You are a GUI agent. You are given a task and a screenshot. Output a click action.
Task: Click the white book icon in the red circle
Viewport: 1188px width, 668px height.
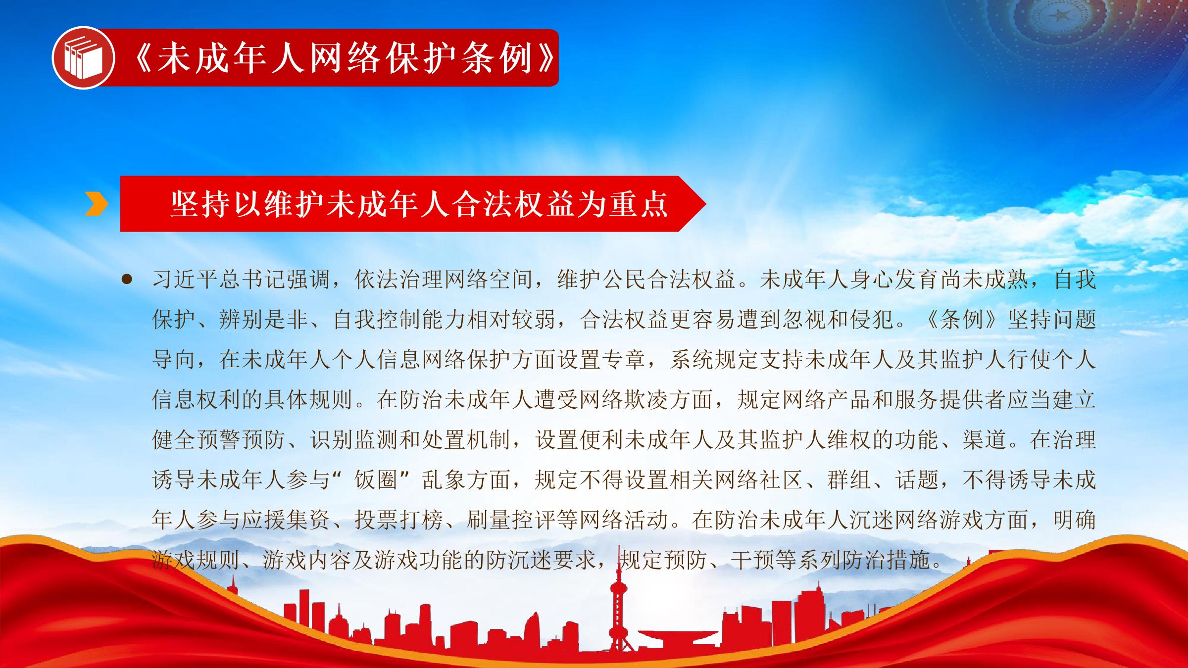pyautogui.click(x=83, y=58)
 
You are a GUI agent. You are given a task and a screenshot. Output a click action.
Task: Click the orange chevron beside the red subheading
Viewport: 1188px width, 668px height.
pyautogui.click(x=96, y=203)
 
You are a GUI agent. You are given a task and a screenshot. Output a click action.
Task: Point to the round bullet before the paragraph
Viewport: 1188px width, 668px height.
pyautogui.click(x=127, y=280)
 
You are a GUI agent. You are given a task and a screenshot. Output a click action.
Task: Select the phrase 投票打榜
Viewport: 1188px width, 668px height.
pyautogui.click(x=398, y=520)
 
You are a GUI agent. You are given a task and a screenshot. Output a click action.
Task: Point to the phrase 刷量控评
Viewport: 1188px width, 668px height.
pyautogui.click(x=511, y=520)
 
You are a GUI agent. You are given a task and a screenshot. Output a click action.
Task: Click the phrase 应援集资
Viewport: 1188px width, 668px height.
pyautogui.click(x=286, y=520)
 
